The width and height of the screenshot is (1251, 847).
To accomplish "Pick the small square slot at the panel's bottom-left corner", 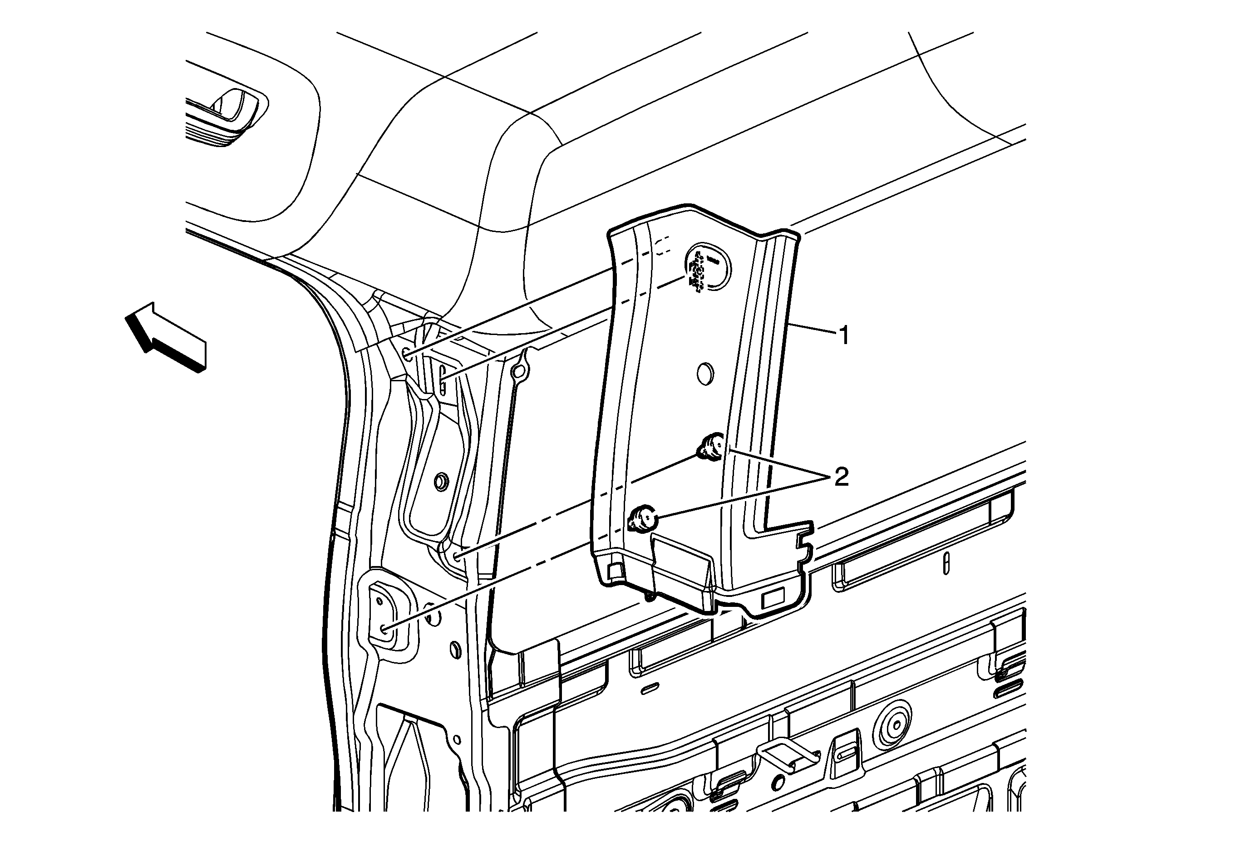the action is [x=614, y=571].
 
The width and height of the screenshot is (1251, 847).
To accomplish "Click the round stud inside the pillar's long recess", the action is [x=441, y=482].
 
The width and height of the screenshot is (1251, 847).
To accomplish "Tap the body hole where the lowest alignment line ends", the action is [x=383, y=628].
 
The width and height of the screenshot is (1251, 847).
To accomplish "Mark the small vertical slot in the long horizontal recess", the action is [x=946, y=565].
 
